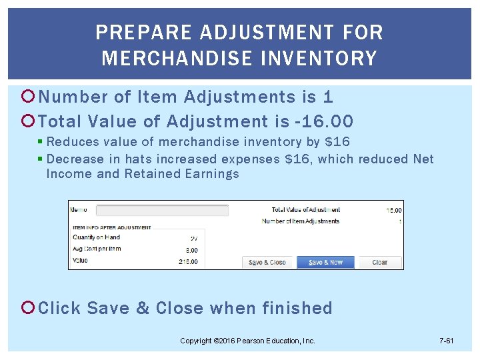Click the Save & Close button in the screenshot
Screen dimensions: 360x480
267,262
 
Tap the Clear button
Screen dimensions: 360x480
380,262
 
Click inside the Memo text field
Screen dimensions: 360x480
162,210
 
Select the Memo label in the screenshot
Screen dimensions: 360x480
79,210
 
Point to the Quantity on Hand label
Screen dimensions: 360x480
96,237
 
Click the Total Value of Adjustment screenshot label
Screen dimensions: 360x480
306,210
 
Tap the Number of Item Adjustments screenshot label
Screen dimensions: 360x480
301,221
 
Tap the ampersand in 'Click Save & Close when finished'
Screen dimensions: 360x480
143,308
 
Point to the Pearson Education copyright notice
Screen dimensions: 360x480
247,341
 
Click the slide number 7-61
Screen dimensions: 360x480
447,341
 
